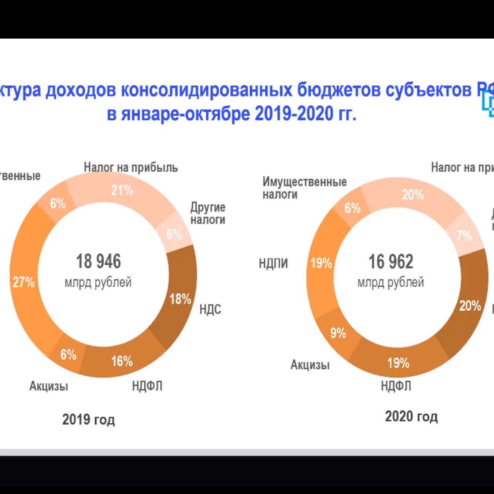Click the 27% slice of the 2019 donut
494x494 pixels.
pyautogui.click(x=24, y=282)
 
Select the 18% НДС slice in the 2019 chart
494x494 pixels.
pyautogui.click(x=180, y=299)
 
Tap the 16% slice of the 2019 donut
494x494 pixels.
pyautogui.click(x=122, y=361)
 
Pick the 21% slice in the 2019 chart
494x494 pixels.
pyautogui.click(x=122, y=190)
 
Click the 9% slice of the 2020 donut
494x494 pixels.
pyautogui.click(x=338, y=333)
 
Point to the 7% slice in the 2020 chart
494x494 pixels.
pyautogui.click(x=464, y=235)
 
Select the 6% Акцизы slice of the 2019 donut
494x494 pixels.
pyautogui.click(x=68, y=354)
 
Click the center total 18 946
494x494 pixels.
pyautogui.click(x=98, y=261)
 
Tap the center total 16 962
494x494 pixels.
pyautogui.click(x=391, y=262)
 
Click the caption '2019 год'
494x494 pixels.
pyautogui.click(x=88, y=420)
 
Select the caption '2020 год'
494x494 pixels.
pyautogui.click(x=411, y=416)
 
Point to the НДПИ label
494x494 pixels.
pyautogui.click(x=273, y=263)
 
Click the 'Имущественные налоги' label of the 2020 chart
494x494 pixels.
pyautogui.click(x=305, y=188)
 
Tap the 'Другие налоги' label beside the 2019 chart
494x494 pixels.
pyautogui.click(x=208, y=213)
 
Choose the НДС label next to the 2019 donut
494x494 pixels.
pyautogui.click(x=210, y=309)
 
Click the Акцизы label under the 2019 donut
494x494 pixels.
pyautogui.click(x=49, y=386)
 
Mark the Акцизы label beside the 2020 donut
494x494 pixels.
pyautogui.click(x=310, y=365)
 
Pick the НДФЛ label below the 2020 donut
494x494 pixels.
pyautogui.click(x=396, y=386)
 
